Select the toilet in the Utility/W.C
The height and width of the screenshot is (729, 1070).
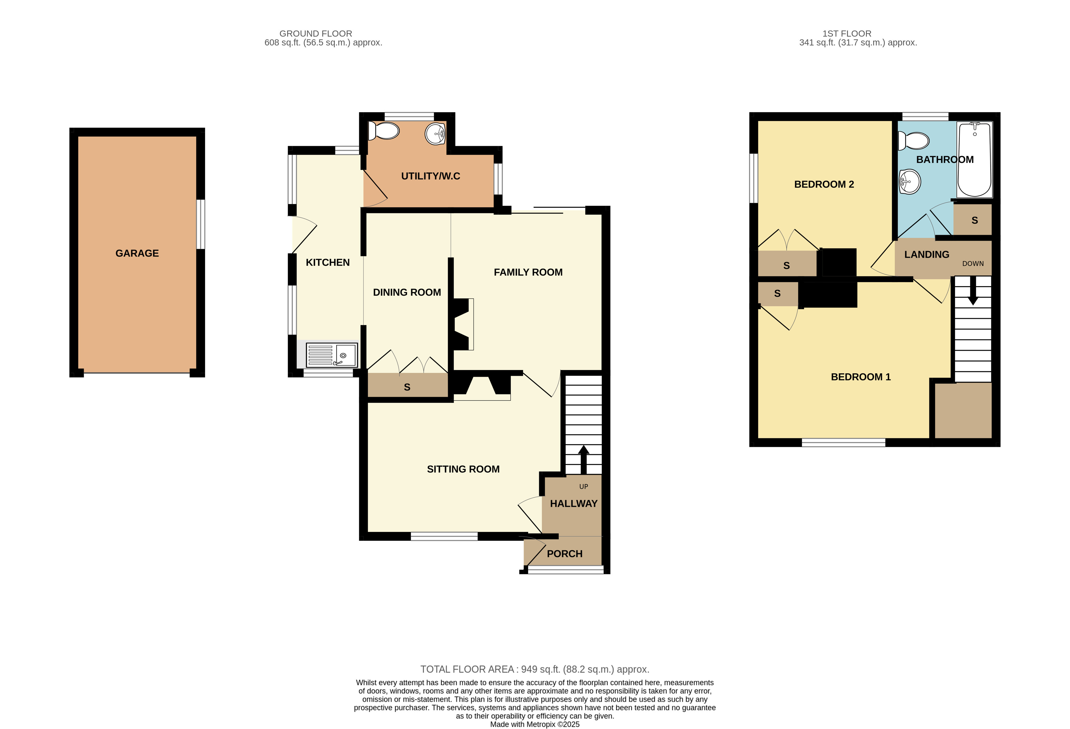click(384, 131)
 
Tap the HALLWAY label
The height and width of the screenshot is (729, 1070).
click(573, 504)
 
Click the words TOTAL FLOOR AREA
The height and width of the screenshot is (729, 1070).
click(467, 670)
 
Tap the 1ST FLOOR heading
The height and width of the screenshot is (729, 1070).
click(847, 34)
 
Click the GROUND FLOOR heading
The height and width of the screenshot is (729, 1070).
click(315, 34)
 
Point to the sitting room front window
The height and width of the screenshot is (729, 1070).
click(444, 536)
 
